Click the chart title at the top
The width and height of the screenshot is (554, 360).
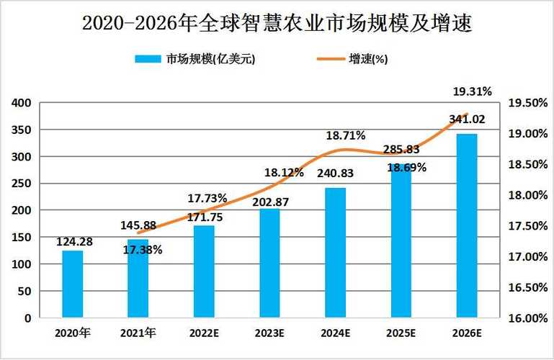tap(277, 23)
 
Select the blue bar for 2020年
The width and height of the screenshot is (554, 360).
tap(72, 284)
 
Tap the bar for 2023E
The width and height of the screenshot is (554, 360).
tap(269, 263)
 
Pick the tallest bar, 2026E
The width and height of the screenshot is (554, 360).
tap(467, 225)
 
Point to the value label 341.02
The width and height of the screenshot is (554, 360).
tap(467, 119)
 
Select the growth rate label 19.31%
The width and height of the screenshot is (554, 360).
tap(472, 91)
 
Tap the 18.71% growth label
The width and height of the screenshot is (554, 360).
tap(345, 135)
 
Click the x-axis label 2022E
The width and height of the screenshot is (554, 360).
tap(204, 333)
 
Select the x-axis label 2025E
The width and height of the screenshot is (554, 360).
tap(401, 333)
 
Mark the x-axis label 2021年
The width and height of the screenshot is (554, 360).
tap(138, 333)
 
